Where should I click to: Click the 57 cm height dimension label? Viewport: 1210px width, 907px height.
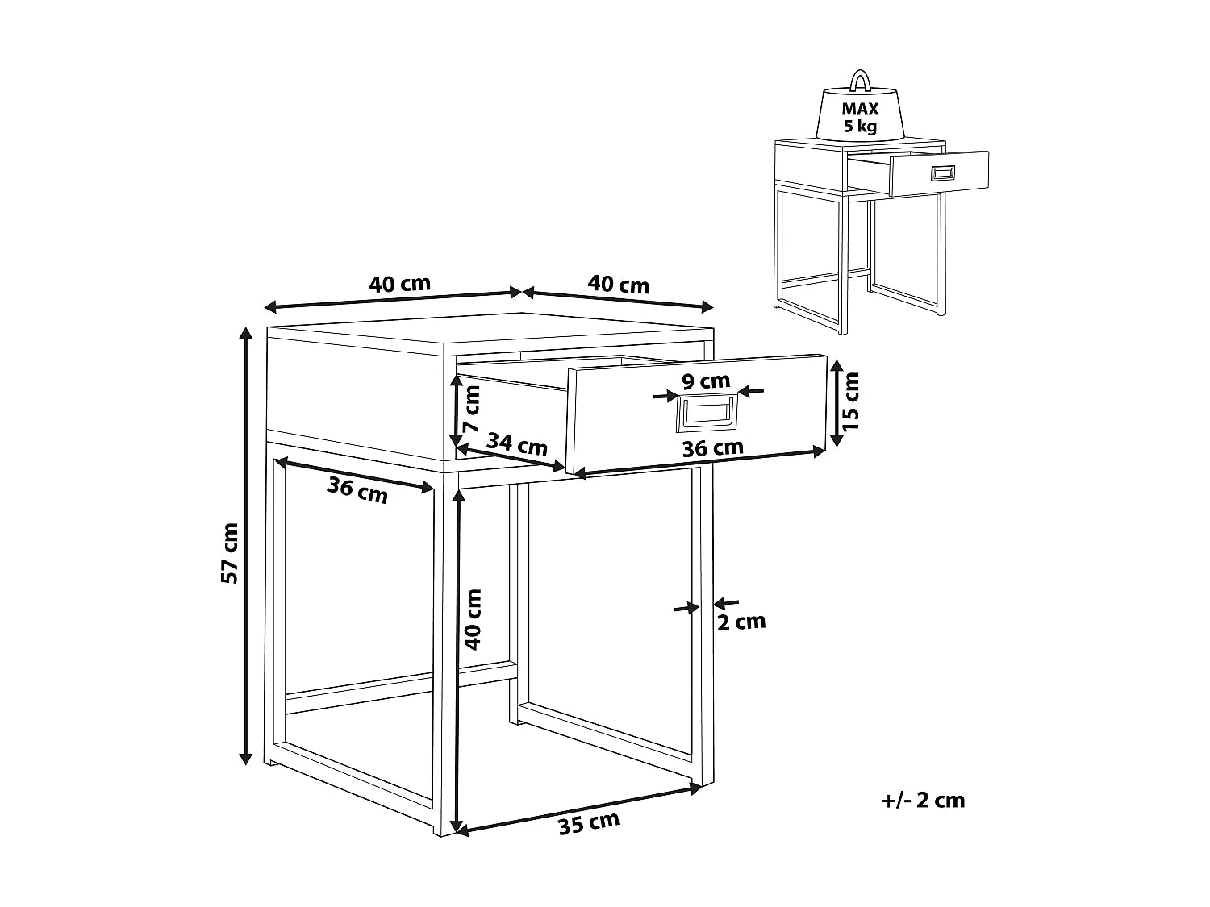[x=229, y=553]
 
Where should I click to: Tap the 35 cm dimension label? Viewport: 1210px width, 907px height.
[x=589, y=824]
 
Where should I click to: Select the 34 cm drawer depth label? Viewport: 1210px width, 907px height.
[x=516, y=444]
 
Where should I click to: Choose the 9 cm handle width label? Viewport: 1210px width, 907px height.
[x=706, y=381]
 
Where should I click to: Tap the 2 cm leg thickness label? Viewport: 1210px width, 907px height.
[x=741, y=622]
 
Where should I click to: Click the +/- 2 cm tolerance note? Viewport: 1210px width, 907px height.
[x=924, y=801]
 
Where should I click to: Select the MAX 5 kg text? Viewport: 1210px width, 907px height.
[x=860, y=117]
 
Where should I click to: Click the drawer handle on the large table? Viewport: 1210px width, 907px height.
[x=707, y=413]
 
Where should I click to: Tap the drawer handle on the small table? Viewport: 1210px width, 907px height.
[x=943, y=173]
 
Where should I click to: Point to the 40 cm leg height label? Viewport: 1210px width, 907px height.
[x=473, y=619]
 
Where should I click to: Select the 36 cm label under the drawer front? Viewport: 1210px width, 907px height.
[x=713, y=447]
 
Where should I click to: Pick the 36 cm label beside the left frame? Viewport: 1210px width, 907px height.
[x=357, y=490]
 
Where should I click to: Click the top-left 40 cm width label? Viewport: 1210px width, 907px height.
[x=399, y=284]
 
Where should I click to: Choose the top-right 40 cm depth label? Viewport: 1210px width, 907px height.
[x=619, y=284]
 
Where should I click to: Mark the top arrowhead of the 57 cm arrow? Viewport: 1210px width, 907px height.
[x=246, y=332]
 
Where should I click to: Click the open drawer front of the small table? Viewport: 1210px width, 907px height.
[x=939, y=173]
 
